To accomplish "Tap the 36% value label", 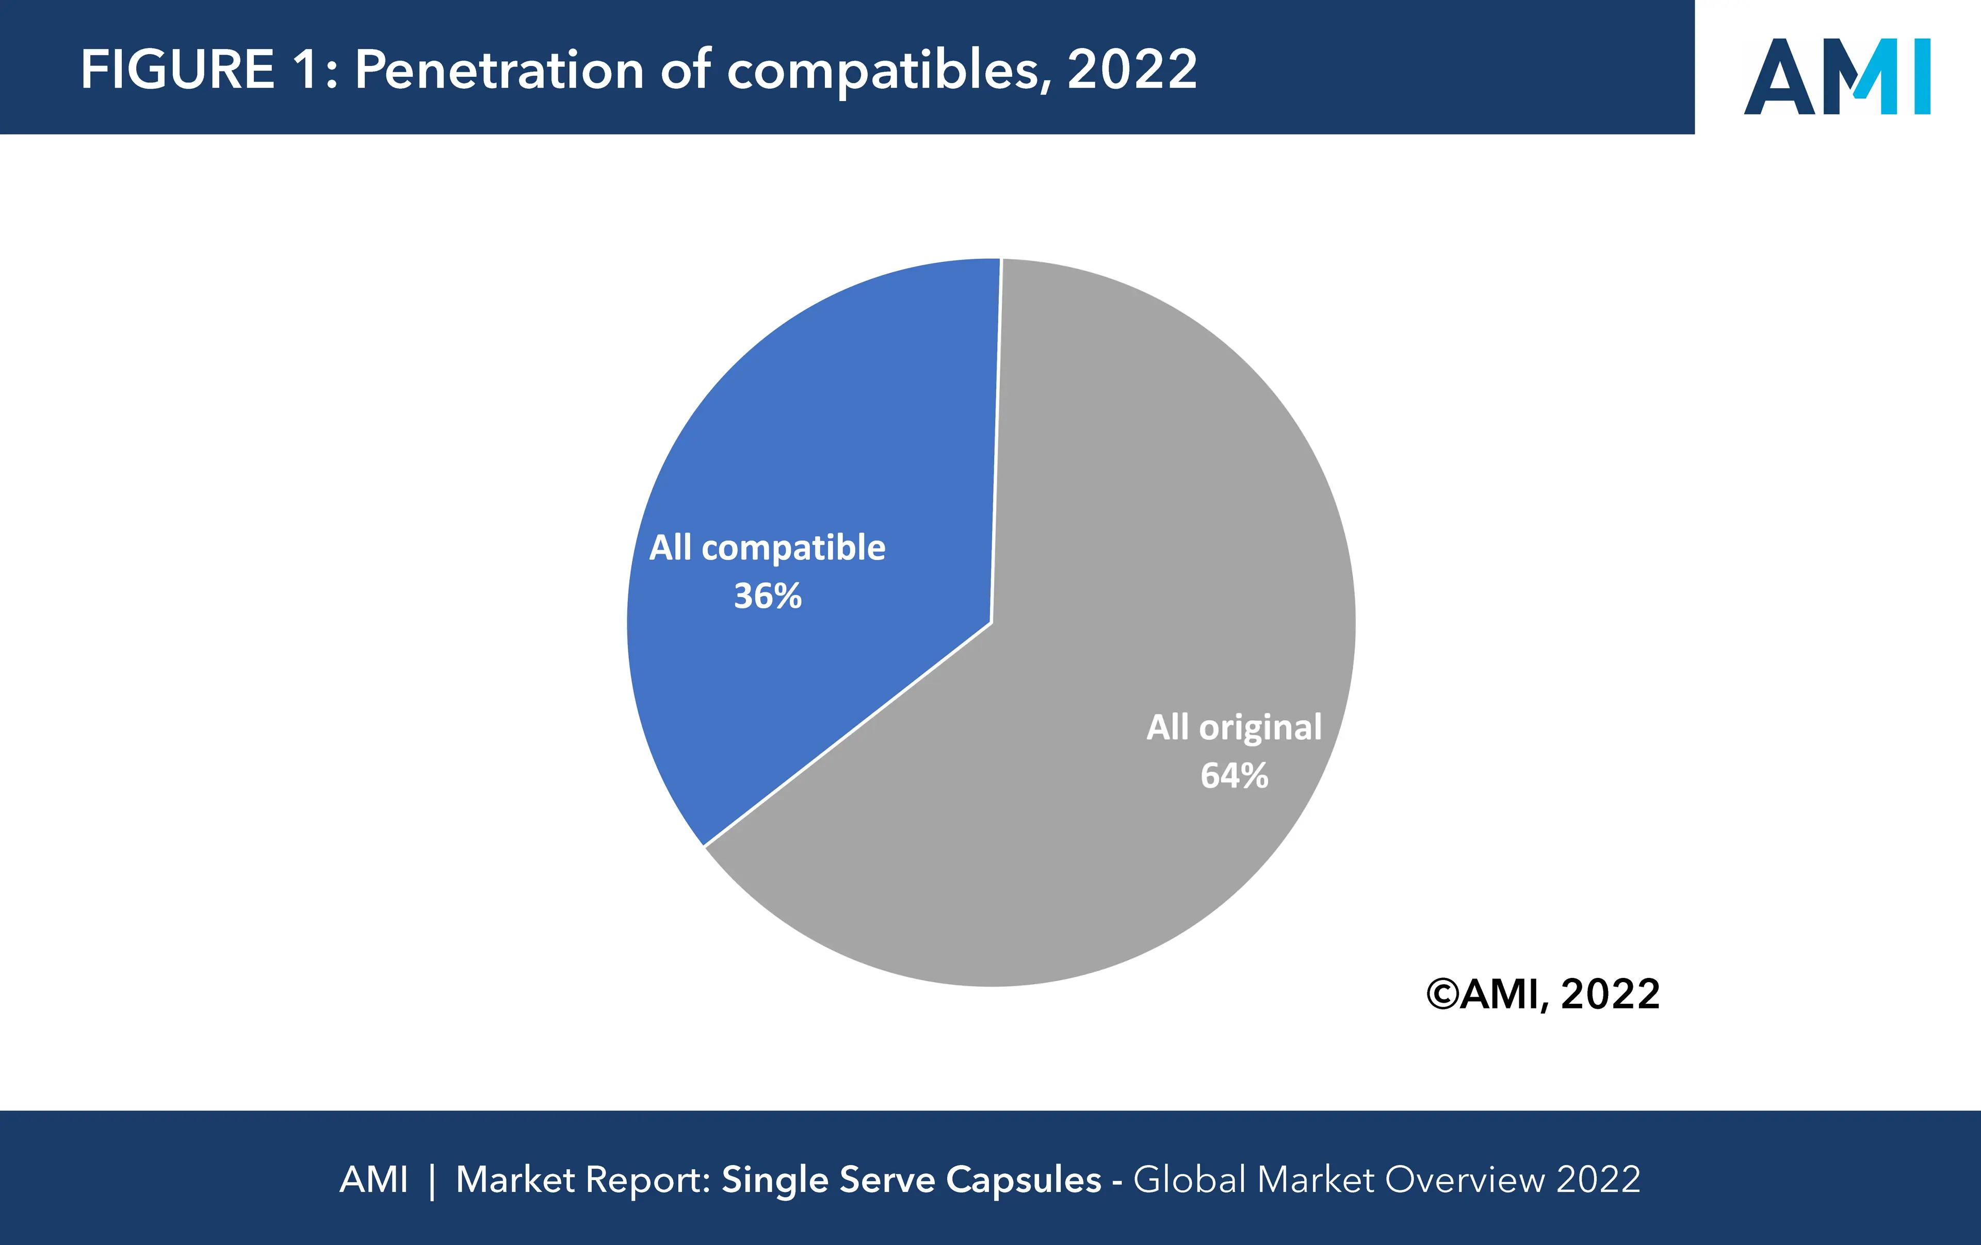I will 768,596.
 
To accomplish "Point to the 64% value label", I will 1234,775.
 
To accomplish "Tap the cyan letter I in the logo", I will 1922,76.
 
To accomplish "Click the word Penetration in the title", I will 498,70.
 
